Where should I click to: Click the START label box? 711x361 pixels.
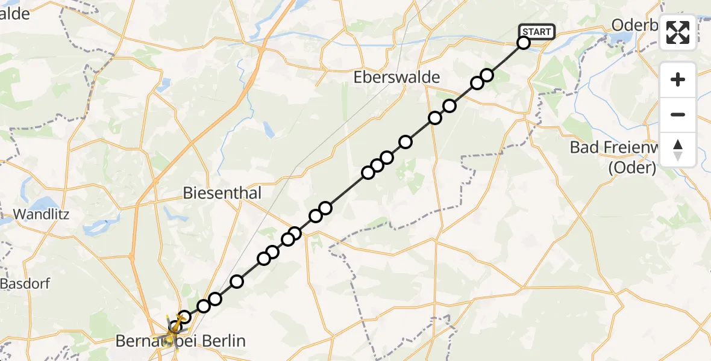pos(536,32)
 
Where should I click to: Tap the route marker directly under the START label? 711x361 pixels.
pos(524,42)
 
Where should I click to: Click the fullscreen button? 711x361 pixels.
pos(678,32)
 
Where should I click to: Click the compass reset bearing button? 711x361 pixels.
pos(678,150)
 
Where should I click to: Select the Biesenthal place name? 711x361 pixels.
pos(223,193)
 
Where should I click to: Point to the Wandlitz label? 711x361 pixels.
pos(42,214)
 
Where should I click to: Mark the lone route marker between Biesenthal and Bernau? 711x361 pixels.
pos(237,281)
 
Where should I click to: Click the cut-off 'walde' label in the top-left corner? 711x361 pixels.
pos(15,14)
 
